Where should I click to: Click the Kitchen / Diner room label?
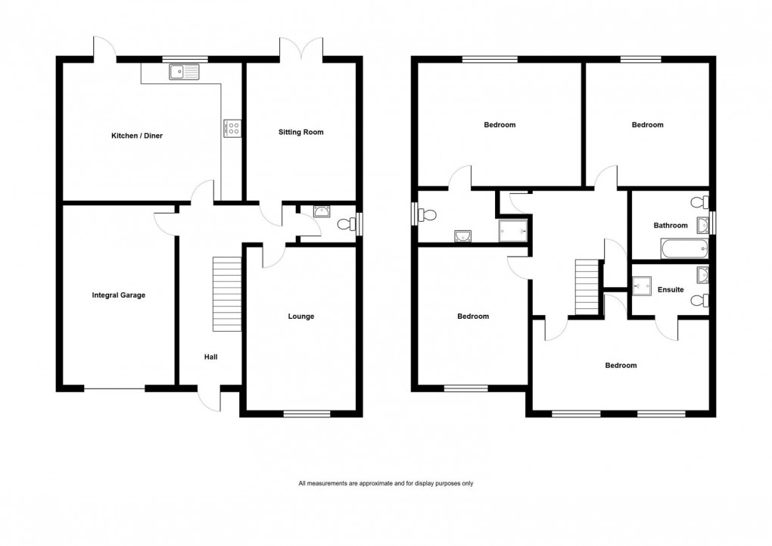(x=137, y=136)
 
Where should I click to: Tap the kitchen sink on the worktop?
(x=184, y=73)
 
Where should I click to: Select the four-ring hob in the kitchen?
(x=232, y=129)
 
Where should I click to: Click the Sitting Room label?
(x=300, y=133)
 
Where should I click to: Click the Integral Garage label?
(x=118, y=295)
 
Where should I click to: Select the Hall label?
(x=210, y=356)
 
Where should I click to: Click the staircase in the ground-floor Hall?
(x=226, y=293)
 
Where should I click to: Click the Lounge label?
(x=300, y=317)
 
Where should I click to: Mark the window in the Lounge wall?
(x=307, y=413)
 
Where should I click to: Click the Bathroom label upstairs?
(x=671, y=225)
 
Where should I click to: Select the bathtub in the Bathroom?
(x=683, y=248)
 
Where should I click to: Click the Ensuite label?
(x=671, y=289)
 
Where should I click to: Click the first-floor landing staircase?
(x=587, y=286)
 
